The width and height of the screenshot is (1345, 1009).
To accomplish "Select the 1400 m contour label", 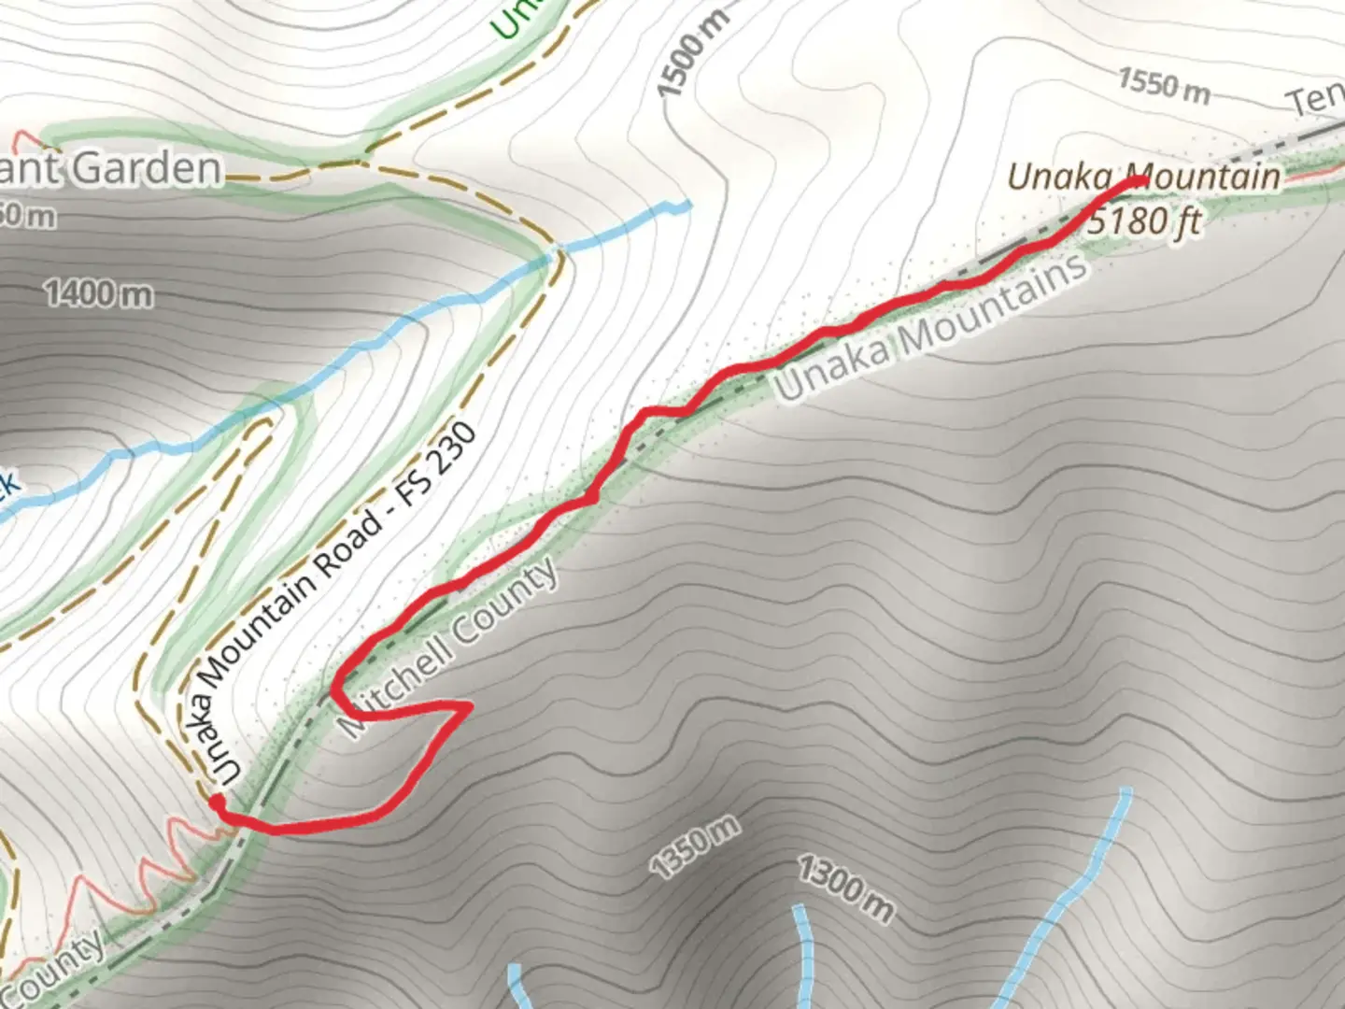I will pyautogui.click(x=98, y=294).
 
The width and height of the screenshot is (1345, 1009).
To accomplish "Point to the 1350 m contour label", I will pyautogui.click(x=696, y=846).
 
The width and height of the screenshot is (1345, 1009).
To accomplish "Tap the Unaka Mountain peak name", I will pyautogui.click(x=1143, y=177).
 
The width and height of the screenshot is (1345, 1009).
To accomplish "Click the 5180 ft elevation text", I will pyautogui.click(x=1143, y=222).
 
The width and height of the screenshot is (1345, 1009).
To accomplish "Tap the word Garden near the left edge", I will pyautogui.click(x=148, y=169).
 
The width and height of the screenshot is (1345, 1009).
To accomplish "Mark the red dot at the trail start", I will pyautogui.click(x=216, y=802).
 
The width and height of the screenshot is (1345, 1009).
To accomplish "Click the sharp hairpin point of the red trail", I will pyautogui.click(x=467, y=708).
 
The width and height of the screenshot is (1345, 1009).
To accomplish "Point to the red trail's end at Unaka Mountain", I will pyautogui.click(x=1141, y=180).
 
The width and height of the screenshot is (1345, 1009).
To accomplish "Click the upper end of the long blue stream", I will pyautogui.click(x=688, y=205).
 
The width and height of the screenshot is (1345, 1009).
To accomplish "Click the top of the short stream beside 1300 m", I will pyautogui.click(x=800, y=908).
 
